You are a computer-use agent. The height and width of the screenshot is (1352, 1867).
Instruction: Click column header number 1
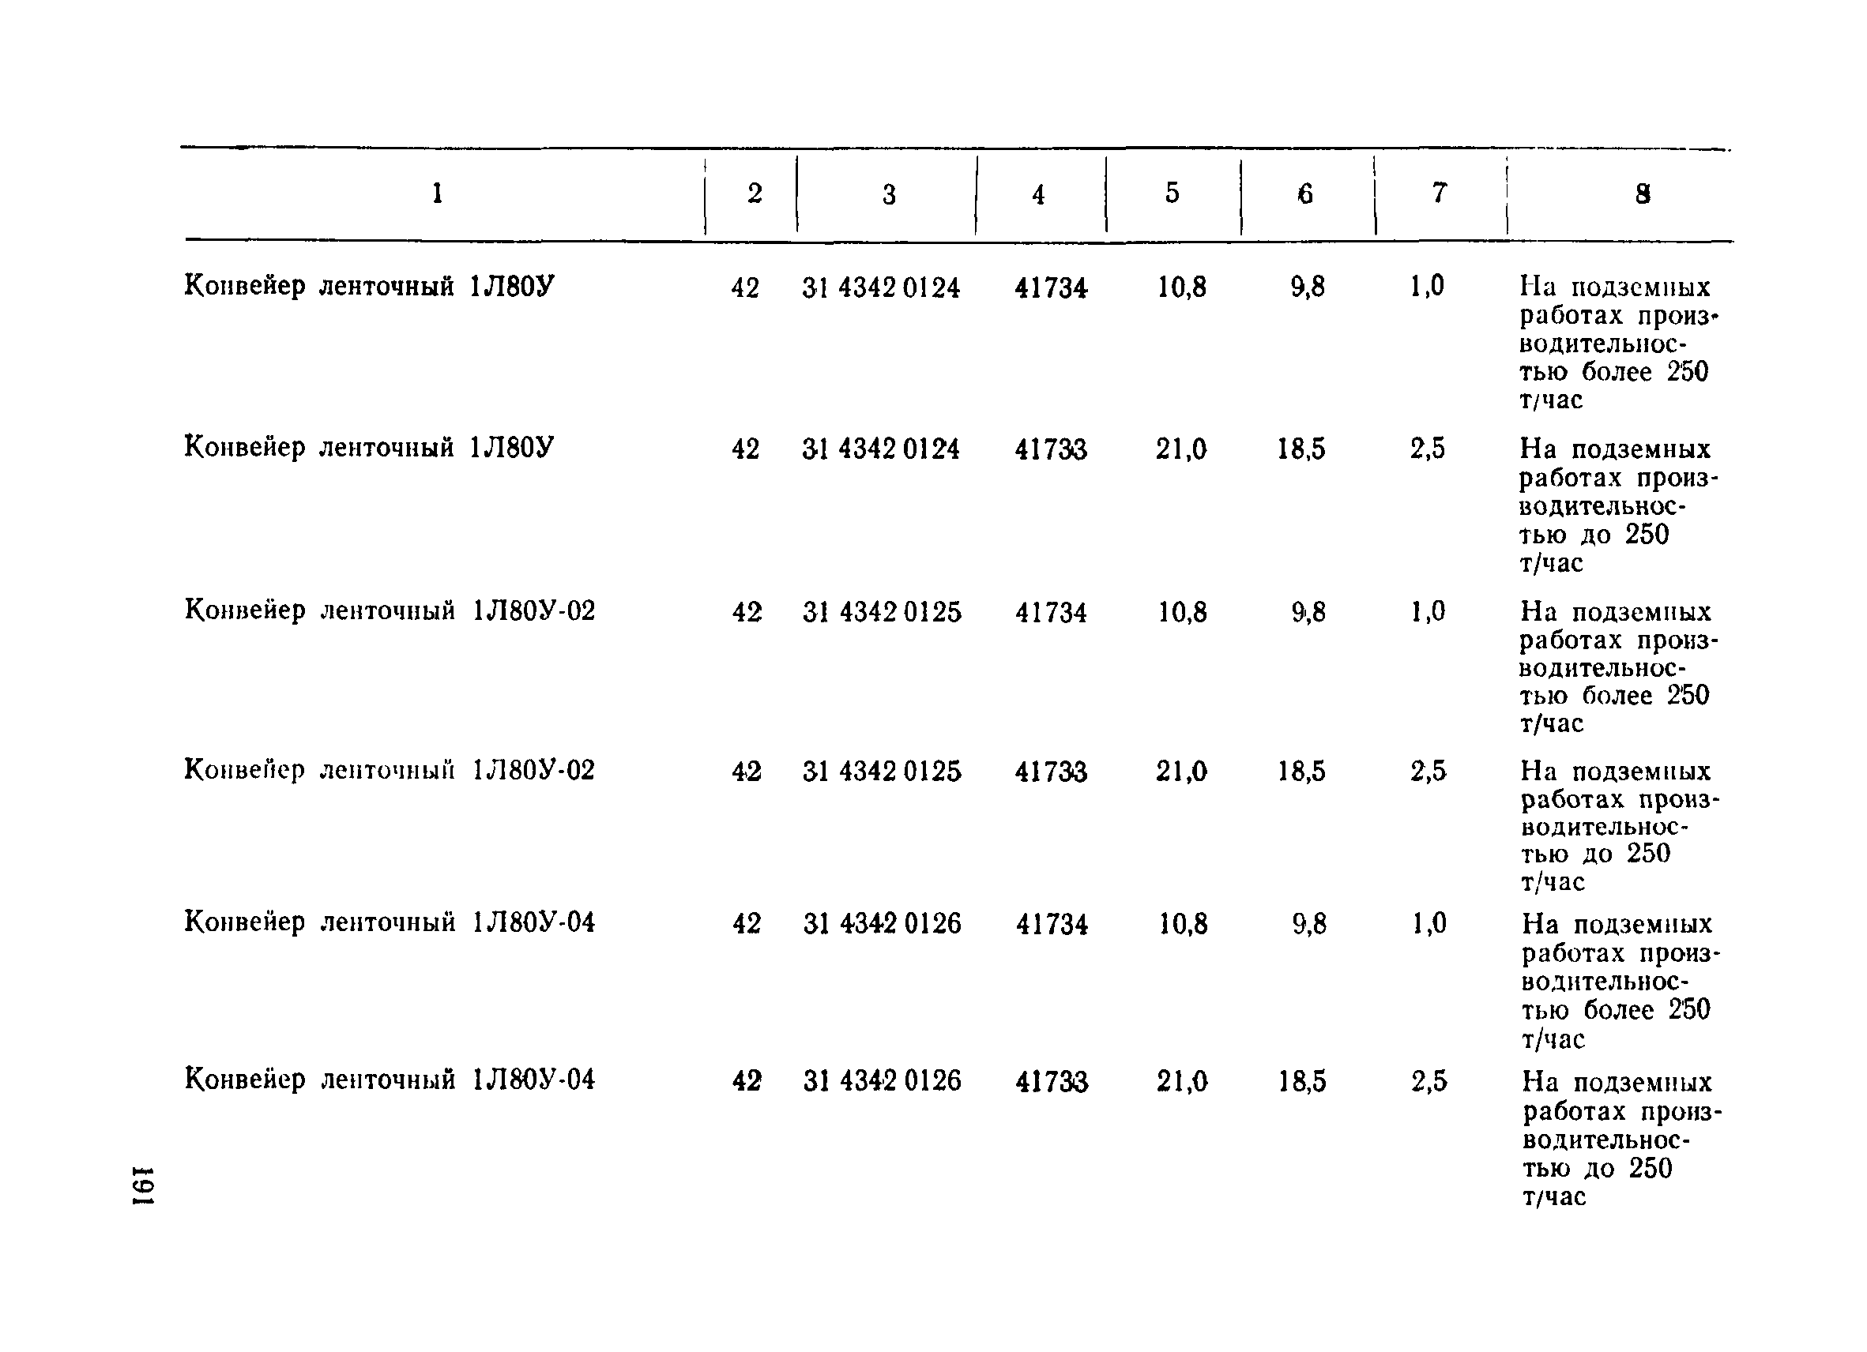(x=438, y=193)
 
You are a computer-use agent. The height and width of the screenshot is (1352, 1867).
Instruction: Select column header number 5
(x=1173, y=193)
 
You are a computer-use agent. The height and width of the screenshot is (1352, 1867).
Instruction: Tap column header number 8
(x=1643, y=194)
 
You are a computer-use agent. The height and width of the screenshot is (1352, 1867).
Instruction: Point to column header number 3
(x=889, y=194)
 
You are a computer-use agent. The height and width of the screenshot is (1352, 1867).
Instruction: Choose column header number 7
(x=1439, y=193)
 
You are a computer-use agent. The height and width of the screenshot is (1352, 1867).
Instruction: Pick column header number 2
(x=754, y=193)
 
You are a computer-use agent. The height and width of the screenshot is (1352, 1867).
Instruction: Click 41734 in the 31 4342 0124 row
(x=1051, y=288)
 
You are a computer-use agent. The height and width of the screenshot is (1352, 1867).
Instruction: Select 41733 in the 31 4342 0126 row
(x=1051, y=1081)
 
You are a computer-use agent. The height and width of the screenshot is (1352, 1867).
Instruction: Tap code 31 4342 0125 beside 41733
(x=882, y=771)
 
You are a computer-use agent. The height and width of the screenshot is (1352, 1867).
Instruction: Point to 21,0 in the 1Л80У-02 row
(x=1181, y=771)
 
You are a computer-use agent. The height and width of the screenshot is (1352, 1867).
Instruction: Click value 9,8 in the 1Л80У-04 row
(x=1309, y=924)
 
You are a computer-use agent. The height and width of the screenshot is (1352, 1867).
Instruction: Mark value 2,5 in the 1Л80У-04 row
(x=1428, y=1080)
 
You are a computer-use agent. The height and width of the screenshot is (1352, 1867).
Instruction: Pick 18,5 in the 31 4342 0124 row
(x=1301, y=449)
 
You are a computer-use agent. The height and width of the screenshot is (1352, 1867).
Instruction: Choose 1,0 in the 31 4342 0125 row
(x=1428, y=611)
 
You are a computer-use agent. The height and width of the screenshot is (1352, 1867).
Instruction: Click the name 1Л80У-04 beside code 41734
(x=533, y=922)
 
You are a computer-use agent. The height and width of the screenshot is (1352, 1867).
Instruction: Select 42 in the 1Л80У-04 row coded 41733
(x=747, y=1080)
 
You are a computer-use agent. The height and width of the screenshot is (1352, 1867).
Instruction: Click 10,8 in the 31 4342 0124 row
(x=1182, y=287)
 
